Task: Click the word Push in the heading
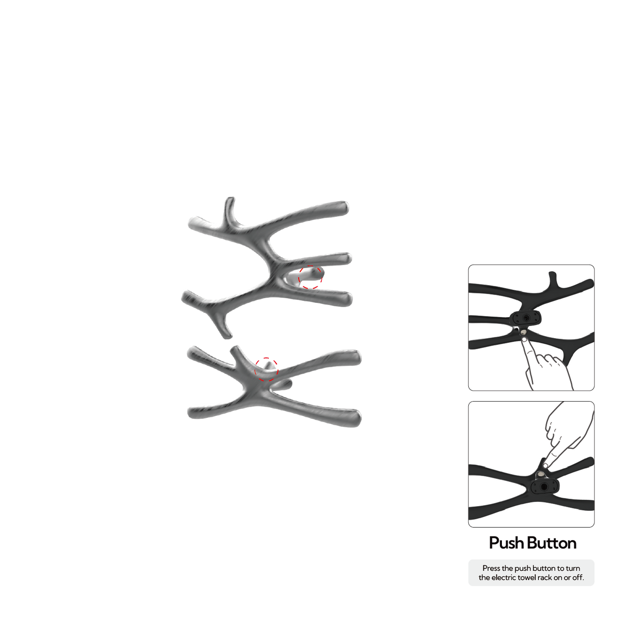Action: [507, 543]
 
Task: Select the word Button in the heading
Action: [552, 543]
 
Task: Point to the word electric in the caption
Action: [506, 577]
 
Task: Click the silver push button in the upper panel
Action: [523, 332]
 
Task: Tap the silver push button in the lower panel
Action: [541, 475]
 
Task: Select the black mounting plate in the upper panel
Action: [526, 318]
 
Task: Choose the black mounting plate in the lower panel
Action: [544, 487]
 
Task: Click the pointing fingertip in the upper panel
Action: [524, 340]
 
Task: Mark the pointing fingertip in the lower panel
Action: [545, 466]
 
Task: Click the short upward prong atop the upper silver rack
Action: [229, 209]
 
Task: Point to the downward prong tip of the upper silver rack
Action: [227, 335]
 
